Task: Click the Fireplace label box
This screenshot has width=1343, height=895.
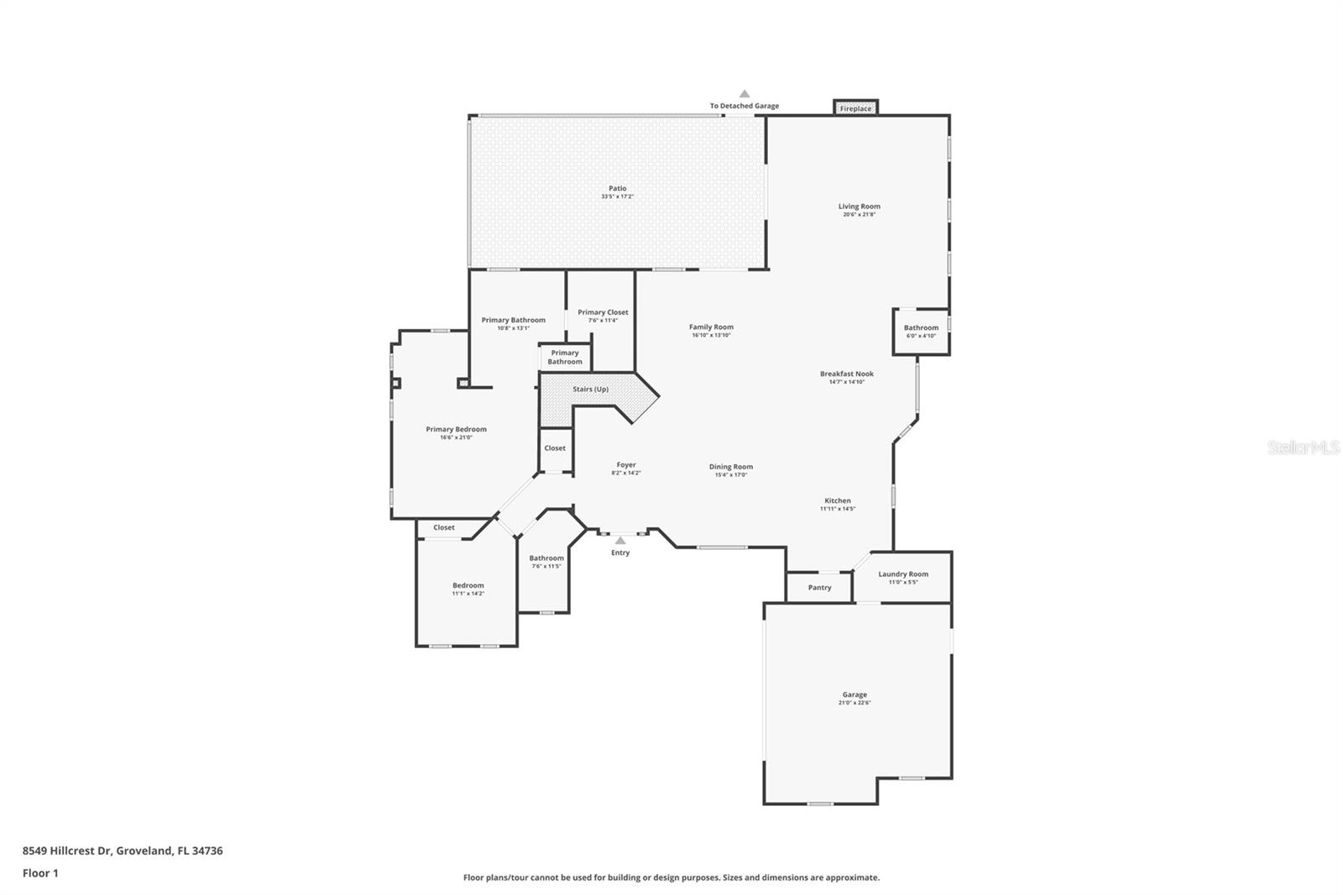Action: [x=855, y=108]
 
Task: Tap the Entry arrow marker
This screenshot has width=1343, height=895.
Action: [x=620, y=541]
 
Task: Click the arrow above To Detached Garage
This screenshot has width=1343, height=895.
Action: [x=744, y=94]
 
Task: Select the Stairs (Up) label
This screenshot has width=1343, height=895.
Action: [x=590, y=390]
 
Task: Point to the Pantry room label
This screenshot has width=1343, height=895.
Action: [x=819, y=588]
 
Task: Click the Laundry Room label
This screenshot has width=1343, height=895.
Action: [x=903, y=574]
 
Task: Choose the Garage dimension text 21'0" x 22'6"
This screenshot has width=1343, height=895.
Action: [x=854, y=703]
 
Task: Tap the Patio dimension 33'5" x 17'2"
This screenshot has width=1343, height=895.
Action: [x=617, y=196]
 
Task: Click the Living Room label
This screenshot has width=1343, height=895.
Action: [x=859, y=207]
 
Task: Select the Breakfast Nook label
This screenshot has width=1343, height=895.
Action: [x=847, y=374]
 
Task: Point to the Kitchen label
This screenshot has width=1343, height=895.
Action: [x=837, y=500]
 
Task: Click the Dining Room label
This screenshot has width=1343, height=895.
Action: [x=730, y=467]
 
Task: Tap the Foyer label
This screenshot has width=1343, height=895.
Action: [x=626, y=464]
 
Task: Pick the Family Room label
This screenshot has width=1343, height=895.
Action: [x=711, y=327]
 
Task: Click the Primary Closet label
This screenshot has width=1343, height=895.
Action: [x=603, y=312]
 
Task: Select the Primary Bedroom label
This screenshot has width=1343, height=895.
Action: [x=456, y=429]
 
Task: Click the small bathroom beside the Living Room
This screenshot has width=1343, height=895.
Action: [x=921, y=332]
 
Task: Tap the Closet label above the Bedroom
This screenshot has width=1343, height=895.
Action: [x=444, y=527]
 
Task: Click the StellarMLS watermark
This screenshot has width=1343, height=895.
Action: [x=1304, y=447]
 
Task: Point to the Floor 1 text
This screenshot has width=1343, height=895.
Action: [x=40, y=873]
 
